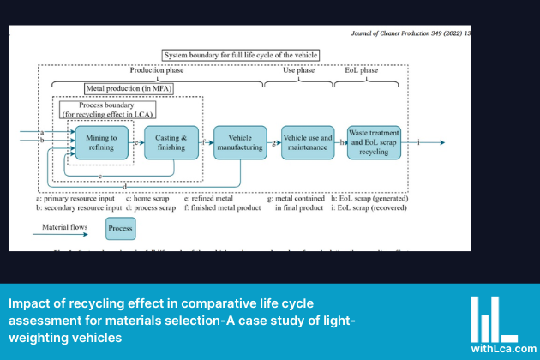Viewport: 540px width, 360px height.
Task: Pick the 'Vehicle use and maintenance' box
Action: point(307,142)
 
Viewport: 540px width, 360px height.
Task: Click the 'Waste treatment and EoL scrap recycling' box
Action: point(374,142)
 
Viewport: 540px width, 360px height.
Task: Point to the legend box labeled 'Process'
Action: point(120,228)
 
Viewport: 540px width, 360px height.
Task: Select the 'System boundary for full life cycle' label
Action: point(240,54)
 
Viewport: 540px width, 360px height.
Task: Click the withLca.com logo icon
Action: point(495,318)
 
